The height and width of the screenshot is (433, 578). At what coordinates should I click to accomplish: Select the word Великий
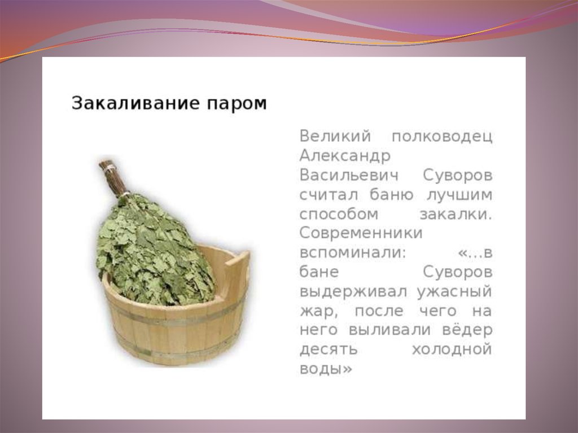click(x=335, y=136)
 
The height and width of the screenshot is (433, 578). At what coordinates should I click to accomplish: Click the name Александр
click(x=345, y=156)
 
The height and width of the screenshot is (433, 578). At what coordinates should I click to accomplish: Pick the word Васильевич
click(x=349, y=175)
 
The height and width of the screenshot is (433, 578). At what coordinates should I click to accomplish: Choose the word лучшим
click(x=459, y=195)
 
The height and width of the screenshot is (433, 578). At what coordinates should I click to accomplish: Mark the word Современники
click(x=361, y=233)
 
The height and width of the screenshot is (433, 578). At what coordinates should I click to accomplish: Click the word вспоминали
click(x=352, y=253)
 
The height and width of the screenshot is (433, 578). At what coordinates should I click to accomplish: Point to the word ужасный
click(x=454, y=292)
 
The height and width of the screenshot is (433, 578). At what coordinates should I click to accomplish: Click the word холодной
click(x=452, y=349)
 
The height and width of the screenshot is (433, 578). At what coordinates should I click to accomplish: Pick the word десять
click(x=329, y=349)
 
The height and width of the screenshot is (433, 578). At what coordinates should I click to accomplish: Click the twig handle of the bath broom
click(x=112, y=177)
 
